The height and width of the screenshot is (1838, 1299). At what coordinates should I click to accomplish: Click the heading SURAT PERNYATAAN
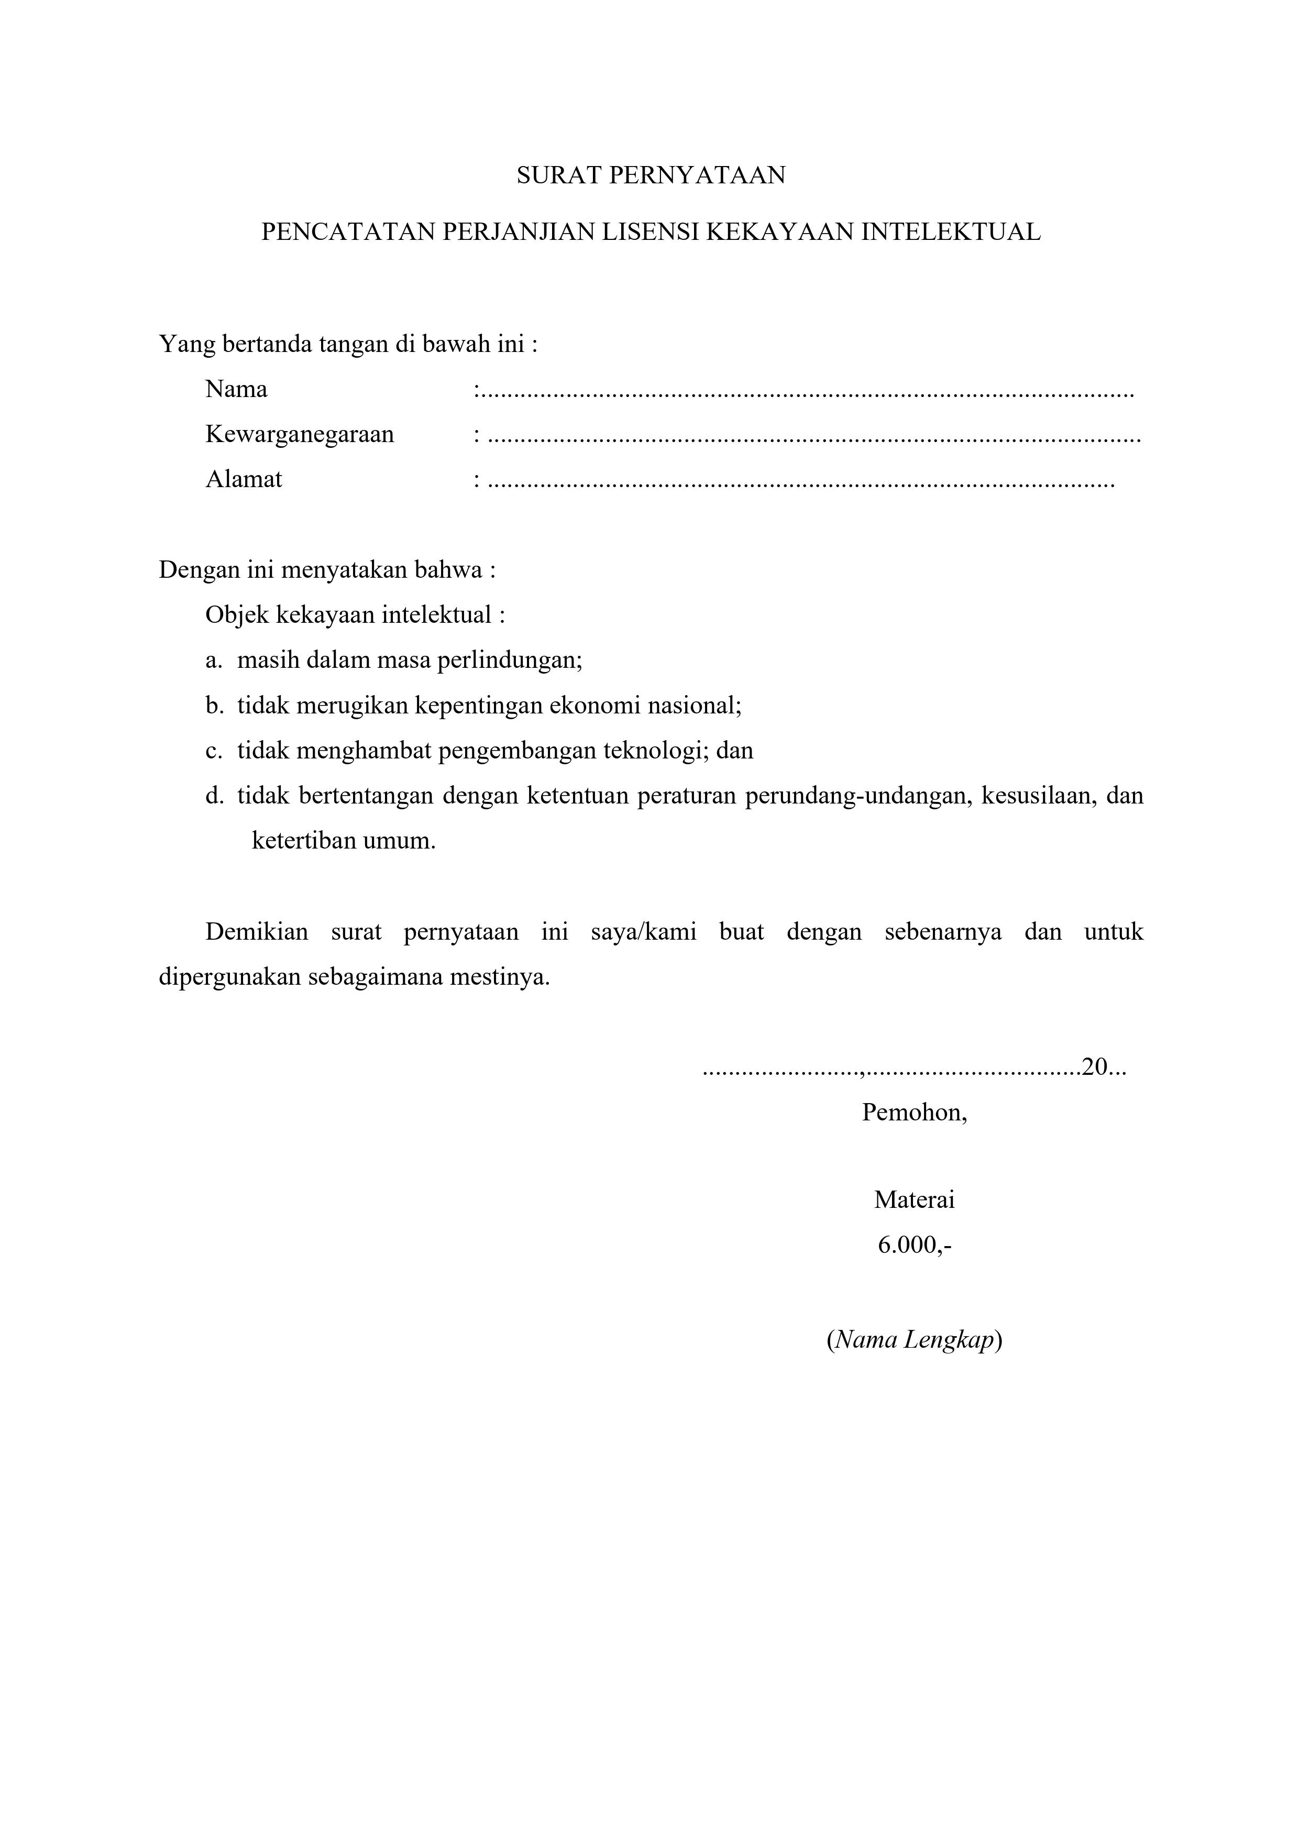pyautogui.click(x=650, y=175)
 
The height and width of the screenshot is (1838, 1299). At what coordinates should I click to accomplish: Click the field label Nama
pyautogui.click(x=236, y=390)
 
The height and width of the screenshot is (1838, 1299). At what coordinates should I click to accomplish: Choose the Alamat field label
pyautogui.click(x=244, y=479)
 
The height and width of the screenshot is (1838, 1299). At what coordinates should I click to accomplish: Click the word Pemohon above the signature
pyautogui.click(x=914, y=1113)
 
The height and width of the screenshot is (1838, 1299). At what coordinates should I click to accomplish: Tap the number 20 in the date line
pyautogui.click(x=1093, y=1067)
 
